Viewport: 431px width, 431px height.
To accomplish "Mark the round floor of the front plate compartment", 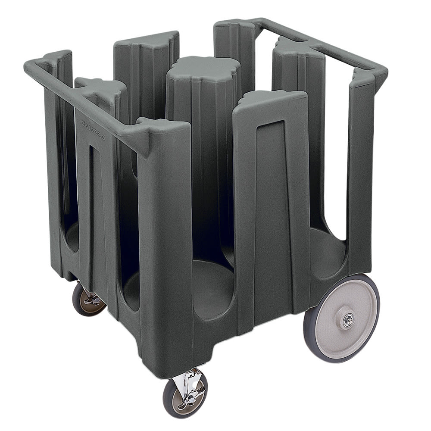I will pyautogui.click(x=211, y=284).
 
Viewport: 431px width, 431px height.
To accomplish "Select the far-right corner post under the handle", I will pyautogui.click(x=360, y=172).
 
